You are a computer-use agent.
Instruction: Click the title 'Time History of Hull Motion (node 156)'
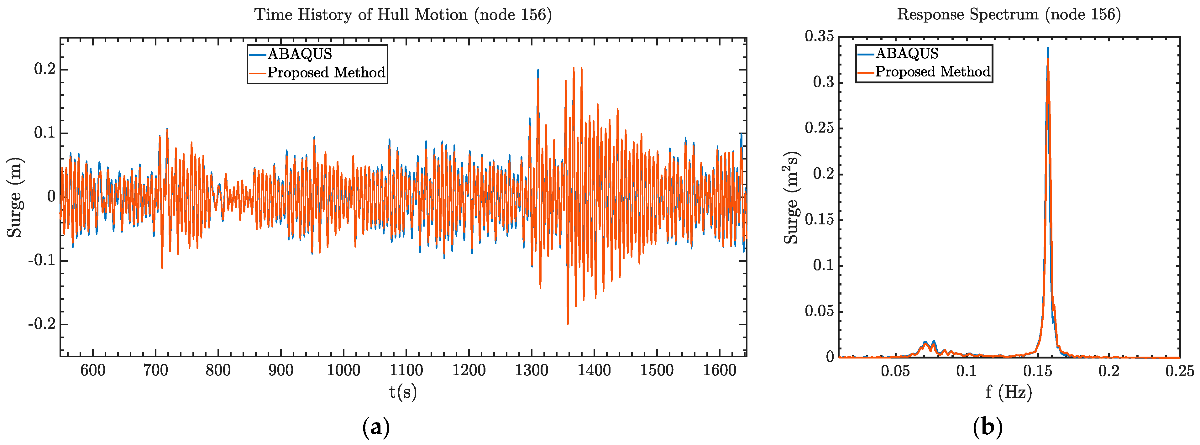coord(403,15)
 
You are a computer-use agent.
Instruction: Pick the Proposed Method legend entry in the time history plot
coord(326,73)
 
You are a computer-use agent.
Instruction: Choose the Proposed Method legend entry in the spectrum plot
coord(932,72)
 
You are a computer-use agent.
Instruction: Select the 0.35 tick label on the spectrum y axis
coord(819,36)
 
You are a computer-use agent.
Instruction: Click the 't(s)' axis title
coord(403,392)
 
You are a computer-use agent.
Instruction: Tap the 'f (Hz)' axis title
coord(1009,392)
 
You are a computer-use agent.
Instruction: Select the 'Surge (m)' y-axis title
coord(15,197)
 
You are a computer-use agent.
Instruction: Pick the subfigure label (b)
coord(988,427)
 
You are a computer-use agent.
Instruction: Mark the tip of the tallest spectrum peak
coord(1048,48)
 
